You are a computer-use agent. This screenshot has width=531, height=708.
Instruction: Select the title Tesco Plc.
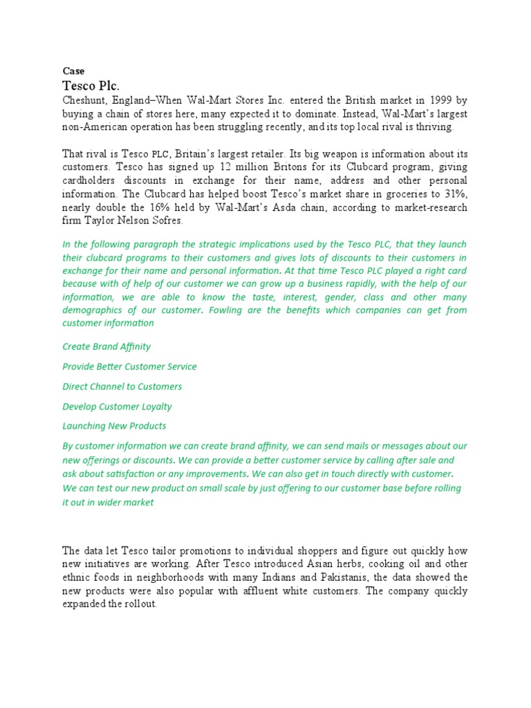tap(91, 86)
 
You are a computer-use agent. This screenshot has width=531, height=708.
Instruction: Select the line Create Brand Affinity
tap(106, 346)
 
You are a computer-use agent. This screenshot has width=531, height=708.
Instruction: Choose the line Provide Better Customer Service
tap(129, 366)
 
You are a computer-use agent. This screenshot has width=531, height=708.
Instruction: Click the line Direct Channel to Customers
tap(122, 386)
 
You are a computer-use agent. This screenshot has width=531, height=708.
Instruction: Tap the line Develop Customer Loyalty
tap(117, 407)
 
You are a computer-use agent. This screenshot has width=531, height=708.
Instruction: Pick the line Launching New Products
tap(114, 426)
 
